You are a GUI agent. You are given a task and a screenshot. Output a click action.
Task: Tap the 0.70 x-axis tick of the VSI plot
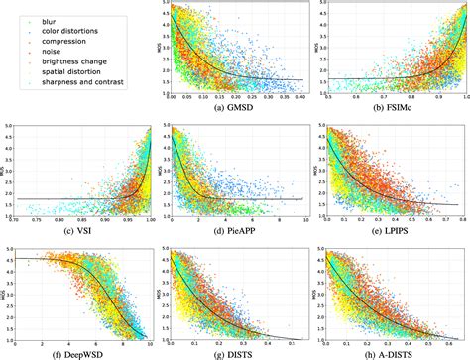pos(16,222)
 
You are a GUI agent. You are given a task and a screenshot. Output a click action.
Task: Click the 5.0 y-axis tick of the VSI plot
pos(9,127)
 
